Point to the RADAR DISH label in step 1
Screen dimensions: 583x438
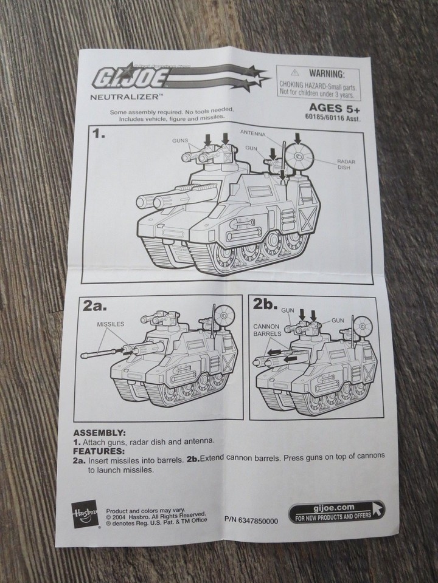click(x=346, y=165)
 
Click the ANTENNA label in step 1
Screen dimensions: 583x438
click(x=254, y=132)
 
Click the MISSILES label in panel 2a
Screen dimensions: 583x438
click(x=110, y=324)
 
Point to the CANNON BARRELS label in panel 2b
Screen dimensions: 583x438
click(x=267, y=330)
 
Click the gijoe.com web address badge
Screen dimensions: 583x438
click(x=336, y=511)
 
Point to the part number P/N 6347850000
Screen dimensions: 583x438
click(x=251, y=520)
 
